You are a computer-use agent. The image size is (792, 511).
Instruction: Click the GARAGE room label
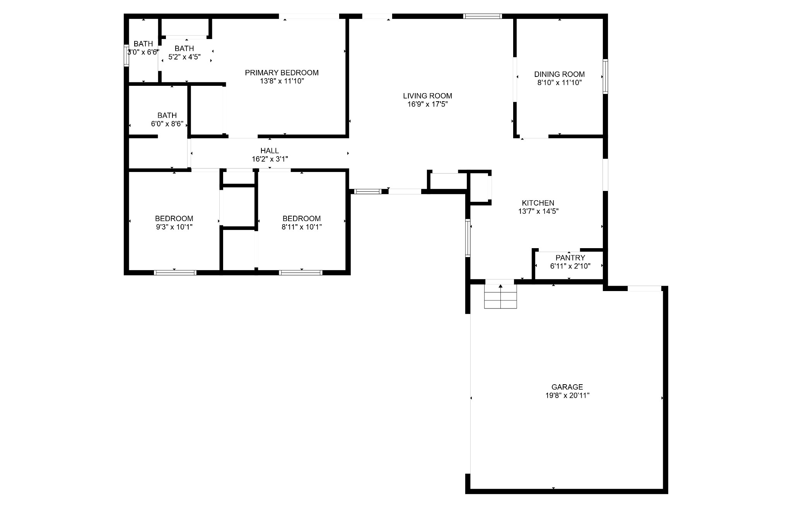click(x=567, y=387)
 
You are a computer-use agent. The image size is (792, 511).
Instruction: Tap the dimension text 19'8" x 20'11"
click(x=567, y=395)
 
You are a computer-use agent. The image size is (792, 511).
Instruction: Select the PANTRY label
click(x=570, y=258)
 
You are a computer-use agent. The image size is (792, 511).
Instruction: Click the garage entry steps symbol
click(x=500, y=296)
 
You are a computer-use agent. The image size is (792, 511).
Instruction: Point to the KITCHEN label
click(x=538, y=203)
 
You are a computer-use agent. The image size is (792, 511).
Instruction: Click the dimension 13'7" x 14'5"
click(x=538, y=211)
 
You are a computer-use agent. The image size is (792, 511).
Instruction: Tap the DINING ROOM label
click(x=559, y=74)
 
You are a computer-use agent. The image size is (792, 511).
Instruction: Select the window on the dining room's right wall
click(x=605, y=77)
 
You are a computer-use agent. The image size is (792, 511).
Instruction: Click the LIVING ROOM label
click(x=427, y=96)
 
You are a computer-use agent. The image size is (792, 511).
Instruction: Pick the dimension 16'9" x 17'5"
click(x=427, y=104)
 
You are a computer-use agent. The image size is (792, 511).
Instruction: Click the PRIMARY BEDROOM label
click(x=282, y=73)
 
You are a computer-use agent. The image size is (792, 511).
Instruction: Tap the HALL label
click(x=270, y=151)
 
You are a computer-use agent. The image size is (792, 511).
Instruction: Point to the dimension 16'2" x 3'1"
click(x=270, y=159)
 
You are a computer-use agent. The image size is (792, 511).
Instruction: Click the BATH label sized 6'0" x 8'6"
click(x=167, y=115)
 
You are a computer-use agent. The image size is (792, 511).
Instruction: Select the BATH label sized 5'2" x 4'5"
click(x=184, y=48)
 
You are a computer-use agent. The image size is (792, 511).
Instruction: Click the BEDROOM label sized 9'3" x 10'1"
click(x=174, y=218)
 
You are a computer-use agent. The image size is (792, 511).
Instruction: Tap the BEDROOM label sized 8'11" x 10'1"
click(x=302, y=218)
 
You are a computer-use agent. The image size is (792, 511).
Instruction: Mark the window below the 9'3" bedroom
click(x=175, y=273)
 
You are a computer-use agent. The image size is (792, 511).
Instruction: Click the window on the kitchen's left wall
click(x=468, y=238)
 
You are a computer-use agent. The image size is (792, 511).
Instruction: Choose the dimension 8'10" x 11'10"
click(x=559, y=83)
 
